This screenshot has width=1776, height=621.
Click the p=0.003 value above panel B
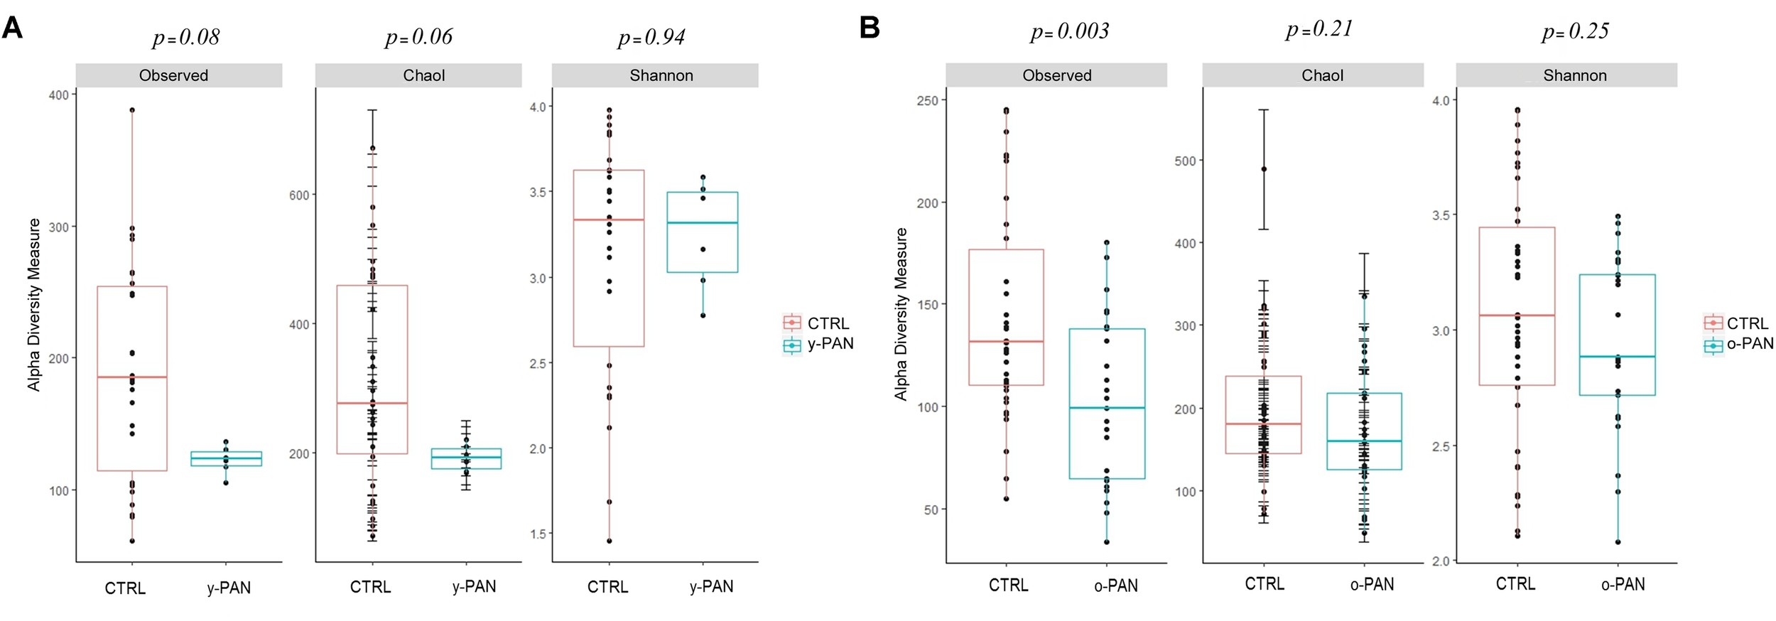tap(1069, 32)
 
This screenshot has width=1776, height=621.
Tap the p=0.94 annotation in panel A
tap(651, 38)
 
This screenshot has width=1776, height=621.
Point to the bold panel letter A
tap(13, 28)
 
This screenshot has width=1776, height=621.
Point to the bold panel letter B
tap(870, 28)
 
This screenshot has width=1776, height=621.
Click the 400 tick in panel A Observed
tap(58, 95)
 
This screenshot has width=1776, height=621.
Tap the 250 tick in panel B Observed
tap(927, 101)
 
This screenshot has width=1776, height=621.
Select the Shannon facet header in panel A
tap(661, 75)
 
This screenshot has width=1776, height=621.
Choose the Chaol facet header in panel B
tap(1321, 75)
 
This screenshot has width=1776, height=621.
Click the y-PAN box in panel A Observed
tap(226, 458)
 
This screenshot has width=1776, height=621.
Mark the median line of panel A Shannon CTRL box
tap(609, 220)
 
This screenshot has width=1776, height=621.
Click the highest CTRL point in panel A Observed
tap(132, 110)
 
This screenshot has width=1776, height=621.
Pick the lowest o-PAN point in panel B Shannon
tap(1618, 542)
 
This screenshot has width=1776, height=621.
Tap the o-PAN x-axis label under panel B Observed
tap(1115, 585)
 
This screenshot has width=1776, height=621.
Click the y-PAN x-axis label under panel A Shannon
tap(711, 587)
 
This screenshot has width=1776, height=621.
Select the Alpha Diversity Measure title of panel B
tap(901, 314)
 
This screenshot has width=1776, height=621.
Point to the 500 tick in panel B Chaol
tap(1184, 161)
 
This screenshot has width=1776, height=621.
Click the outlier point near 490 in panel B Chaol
tap(1263, 169)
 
